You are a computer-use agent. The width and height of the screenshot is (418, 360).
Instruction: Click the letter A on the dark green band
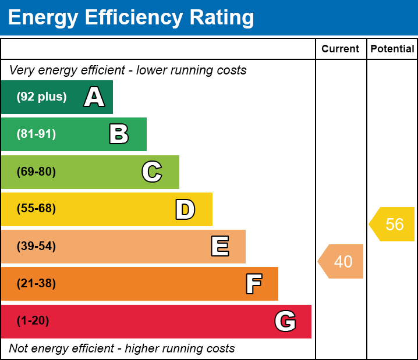(x=94, y=97)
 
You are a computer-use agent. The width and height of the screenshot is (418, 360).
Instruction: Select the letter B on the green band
(x=119, y=134)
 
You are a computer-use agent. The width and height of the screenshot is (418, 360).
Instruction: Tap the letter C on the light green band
(x=152, y=172)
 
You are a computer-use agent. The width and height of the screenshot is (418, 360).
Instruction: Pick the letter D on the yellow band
(x=185, y=209)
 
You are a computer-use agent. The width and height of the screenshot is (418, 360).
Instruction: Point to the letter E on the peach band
(x=220, y=246)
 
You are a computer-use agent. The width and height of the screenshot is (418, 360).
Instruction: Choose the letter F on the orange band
(x=254, y=284)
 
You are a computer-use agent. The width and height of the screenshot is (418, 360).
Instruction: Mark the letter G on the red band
(x=285, y=321)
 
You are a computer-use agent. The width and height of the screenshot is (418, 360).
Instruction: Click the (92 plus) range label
(x=41, y=97)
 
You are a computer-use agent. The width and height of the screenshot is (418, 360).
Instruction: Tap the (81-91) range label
(x=36, y=134)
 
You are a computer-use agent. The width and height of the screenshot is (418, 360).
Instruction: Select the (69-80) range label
(x=36, y=172)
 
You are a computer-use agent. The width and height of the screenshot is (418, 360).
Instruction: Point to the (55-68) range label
(x=36, y=208)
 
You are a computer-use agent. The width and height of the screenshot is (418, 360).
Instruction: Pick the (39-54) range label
(x=36, y=246)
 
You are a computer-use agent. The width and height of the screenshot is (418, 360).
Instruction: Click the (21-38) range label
(x=36, y=283)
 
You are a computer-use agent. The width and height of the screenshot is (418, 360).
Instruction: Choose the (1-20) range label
(x=33, y=320)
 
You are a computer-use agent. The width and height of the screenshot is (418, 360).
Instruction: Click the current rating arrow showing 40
(x=341, y=261)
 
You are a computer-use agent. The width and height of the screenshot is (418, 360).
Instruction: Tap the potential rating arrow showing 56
(x=392, y=224)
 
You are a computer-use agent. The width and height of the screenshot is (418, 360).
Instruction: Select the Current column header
(x=340, y=49)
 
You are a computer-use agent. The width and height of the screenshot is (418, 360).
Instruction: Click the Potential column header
(x=392, y=49)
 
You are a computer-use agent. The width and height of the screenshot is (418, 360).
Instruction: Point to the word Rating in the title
(x=222, y=18)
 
